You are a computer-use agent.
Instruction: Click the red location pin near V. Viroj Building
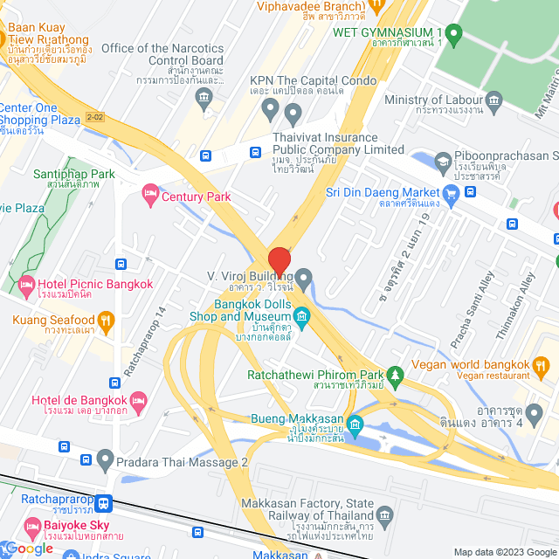click(x=279, y=261)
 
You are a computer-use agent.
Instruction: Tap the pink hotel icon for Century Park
click(x=149, y=192)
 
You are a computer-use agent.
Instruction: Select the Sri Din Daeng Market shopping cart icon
click(x=452, y=192)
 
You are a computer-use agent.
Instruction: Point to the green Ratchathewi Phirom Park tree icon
click(x=396, y=376)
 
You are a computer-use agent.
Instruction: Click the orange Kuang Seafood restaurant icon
click(x=106, y=321)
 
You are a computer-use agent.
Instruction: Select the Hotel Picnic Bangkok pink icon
click(x=25, y=284)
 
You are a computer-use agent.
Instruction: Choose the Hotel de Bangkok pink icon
click(x=138, y=402)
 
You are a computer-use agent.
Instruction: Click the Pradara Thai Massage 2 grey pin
click(x=106, y=459)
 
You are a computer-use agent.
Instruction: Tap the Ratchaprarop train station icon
click(x=104, y=503)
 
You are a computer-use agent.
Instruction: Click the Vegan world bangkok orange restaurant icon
click(x=541, y=364)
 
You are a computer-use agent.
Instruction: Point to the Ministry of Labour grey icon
click(x=494, y=100)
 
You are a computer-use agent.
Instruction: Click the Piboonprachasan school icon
click(x=443, y=162)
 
